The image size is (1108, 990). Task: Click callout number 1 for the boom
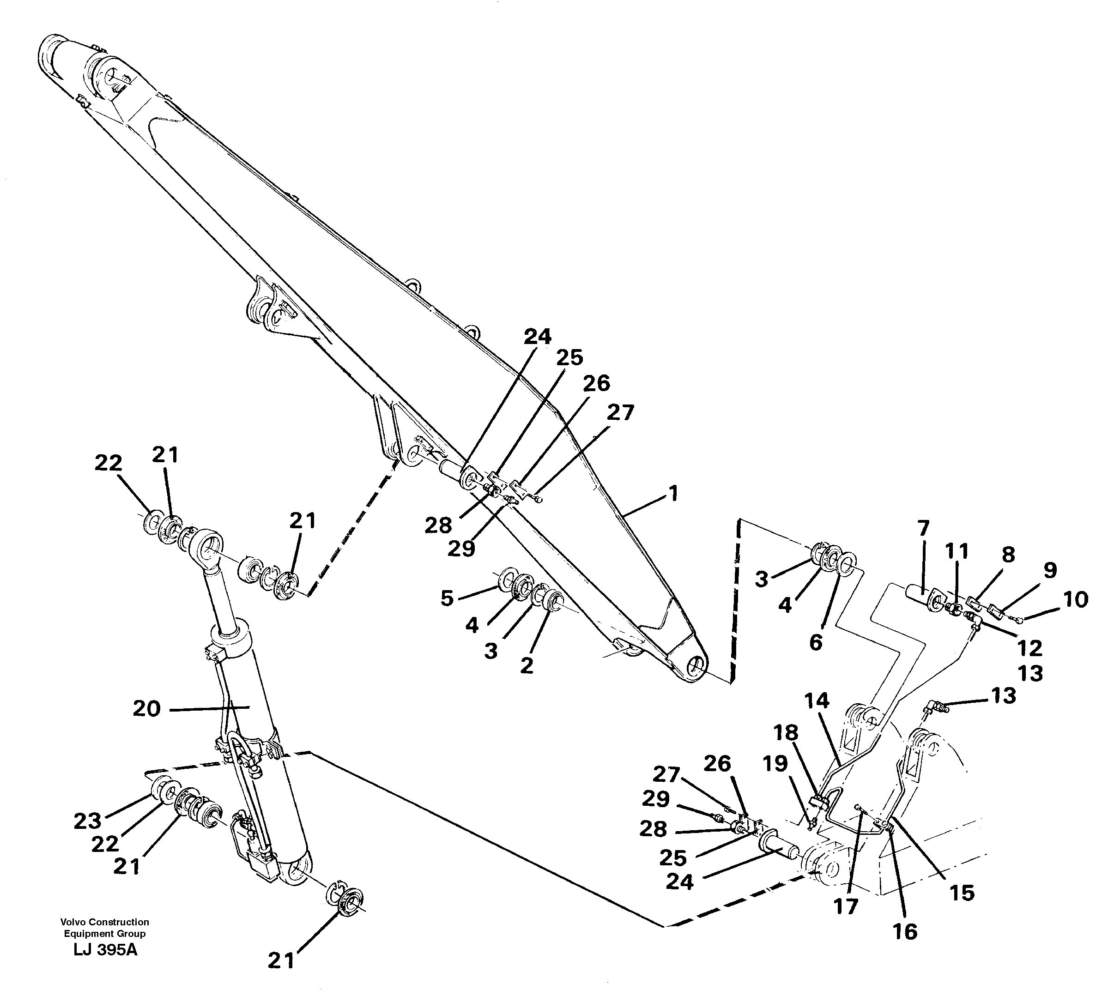pos(673,494)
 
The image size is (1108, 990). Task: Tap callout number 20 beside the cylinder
pos(147,709)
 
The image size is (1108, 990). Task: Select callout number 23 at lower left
pos(88,821)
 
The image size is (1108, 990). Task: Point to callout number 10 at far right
pos(1075,599)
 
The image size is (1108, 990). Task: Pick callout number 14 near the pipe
pos(817,701)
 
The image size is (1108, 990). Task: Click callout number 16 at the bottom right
pos(905,932)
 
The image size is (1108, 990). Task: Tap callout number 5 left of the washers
pos(447,598)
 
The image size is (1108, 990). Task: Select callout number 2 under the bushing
pos(526,665)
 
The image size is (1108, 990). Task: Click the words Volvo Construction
pos(104,922)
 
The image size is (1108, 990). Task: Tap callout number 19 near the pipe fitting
pos(775,764)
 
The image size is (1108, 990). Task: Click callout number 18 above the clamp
pos(787,733)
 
